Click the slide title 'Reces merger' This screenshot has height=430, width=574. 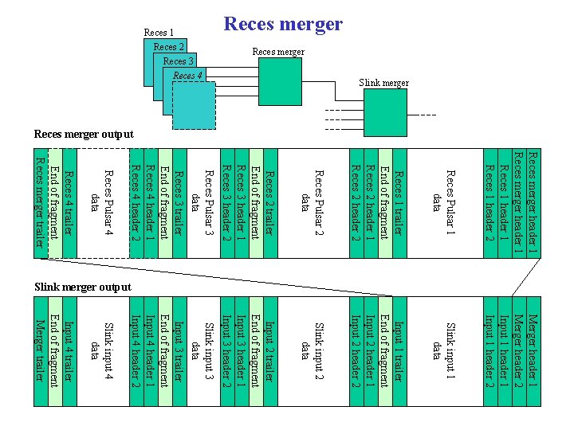click(x=283, y=24)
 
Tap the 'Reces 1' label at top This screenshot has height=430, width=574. click(x=159, y=33)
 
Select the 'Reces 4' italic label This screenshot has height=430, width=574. click(x=188, y=76)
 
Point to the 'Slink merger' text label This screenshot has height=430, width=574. click(x=383, y=83)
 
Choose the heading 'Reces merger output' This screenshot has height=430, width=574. click(x=84, y=134)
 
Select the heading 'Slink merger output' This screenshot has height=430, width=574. click(x=83, y=286)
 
